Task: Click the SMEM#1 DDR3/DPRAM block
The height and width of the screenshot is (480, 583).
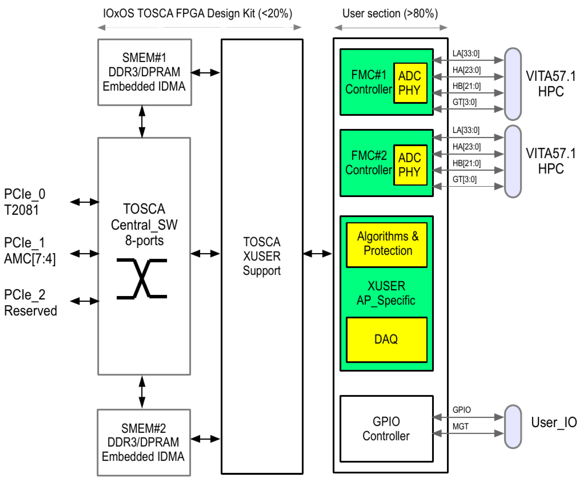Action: [144, 72]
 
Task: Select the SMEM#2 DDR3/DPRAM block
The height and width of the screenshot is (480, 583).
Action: [143, 442]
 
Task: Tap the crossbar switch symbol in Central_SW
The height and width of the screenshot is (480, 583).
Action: [142, 279]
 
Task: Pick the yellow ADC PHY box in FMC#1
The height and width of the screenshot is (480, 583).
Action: [410, 83]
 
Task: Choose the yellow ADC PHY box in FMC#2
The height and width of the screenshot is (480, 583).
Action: [410, 165]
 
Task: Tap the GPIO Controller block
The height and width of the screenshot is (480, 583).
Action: [386, 429]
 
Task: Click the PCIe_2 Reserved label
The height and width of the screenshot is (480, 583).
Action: [30, 303]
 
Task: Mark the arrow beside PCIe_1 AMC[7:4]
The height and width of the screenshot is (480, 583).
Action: [85, 254]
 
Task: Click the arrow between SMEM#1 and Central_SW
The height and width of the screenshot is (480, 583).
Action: [142, 121]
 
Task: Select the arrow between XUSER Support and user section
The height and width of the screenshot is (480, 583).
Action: [317, 254]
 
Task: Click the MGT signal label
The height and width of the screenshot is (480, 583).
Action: [460, 427]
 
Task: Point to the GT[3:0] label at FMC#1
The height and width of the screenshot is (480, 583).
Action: [465, 102]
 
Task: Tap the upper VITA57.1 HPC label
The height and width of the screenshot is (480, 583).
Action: [551, 84]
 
